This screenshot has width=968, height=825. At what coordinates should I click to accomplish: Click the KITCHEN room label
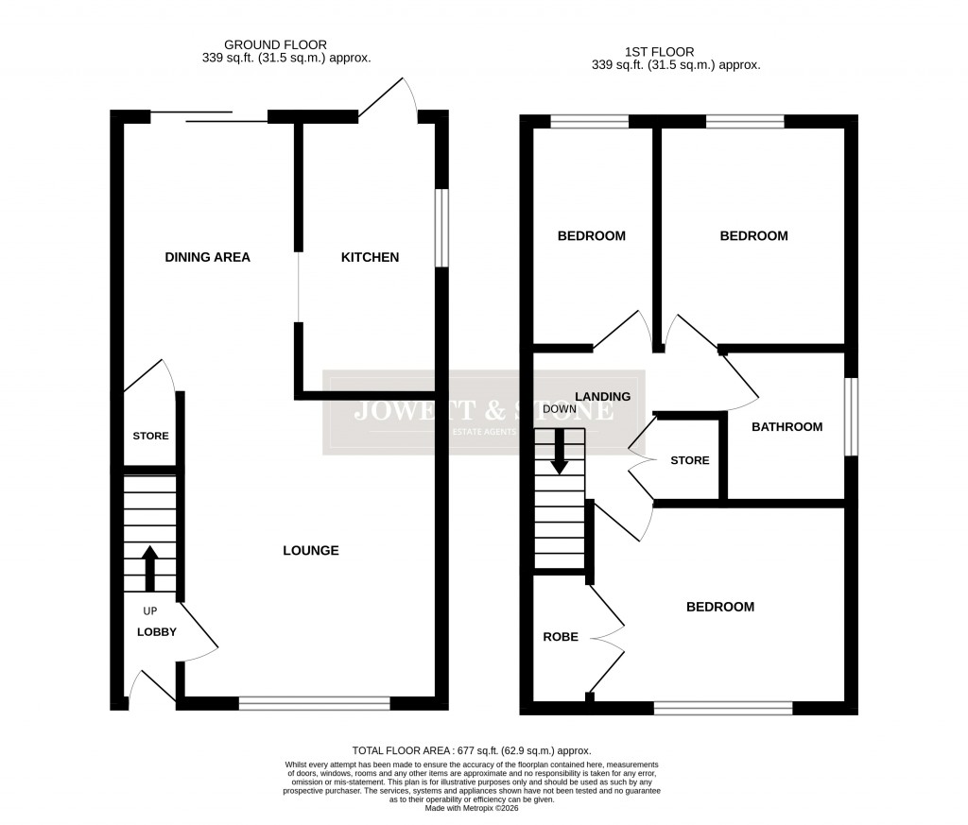[x=370, y=257]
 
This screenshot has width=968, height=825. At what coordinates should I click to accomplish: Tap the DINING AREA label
[x=207, y=257]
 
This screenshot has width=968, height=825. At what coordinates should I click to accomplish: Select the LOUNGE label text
[x=311, y=550]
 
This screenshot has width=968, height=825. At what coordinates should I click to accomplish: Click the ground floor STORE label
[x=150, y=436]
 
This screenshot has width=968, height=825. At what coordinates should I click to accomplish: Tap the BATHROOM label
[x=786, y=426]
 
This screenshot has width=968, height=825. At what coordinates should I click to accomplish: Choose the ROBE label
[x=560, y=637]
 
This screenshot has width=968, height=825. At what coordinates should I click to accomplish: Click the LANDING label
[x=602, y=396]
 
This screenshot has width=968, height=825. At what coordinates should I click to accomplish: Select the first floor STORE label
[x=689, y=460]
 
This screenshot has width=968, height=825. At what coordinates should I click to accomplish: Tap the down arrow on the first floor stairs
[x=560, y=452]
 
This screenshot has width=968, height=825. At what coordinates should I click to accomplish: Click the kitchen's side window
[x=441, y=228]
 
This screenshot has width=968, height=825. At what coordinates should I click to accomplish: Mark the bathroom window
[x=851, y=417]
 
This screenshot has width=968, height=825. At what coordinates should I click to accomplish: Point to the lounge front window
[x=314, y=702]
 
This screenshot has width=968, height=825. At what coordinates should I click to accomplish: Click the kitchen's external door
[x=389, y=97]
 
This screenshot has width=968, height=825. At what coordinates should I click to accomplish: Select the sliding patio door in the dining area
[x=210, y=116]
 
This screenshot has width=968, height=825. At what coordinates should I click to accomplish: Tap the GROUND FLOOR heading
[x=275, y=44]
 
